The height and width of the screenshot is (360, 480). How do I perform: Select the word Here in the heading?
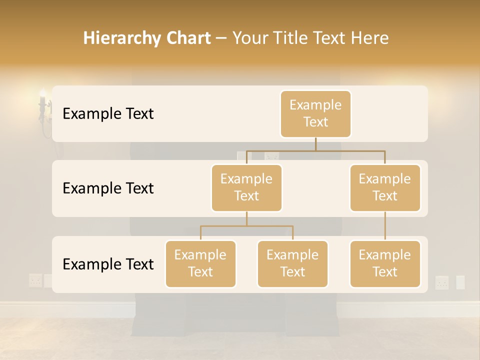369,38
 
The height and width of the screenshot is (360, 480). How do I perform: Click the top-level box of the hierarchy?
315,113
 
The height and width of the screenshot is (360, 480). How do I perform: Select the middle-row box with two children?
246,187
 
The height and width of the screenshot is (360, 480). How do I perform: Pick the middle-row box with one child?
385,187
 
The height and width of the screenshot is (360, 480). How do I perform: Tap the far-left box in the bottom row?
200,263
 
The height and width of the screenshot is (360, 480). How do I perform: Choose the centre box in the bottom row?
292,263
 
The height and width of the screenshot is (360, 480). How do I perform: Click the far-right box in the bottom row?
385,263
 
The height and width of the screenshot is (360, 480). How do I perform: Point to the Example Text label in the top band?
108,114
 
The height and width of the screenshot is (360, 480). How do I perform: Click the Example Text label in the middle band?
108,188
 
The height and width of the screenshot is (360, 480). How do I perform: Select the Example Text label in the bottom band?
108,264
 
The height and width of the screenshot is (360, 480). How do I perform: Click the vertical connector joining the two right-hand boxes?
385,226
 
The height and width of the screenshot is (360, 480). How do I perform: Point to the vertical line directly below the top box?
315,144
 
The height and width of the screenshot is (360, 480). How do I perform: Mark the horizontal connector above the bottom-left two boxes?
246,226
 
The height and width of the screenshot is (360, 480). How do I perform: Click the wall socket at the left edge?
35,280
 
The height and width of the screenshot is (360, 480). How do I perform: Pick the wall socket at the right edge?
442,282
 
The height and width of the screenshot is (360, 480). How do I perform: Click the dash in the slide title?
221,38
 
